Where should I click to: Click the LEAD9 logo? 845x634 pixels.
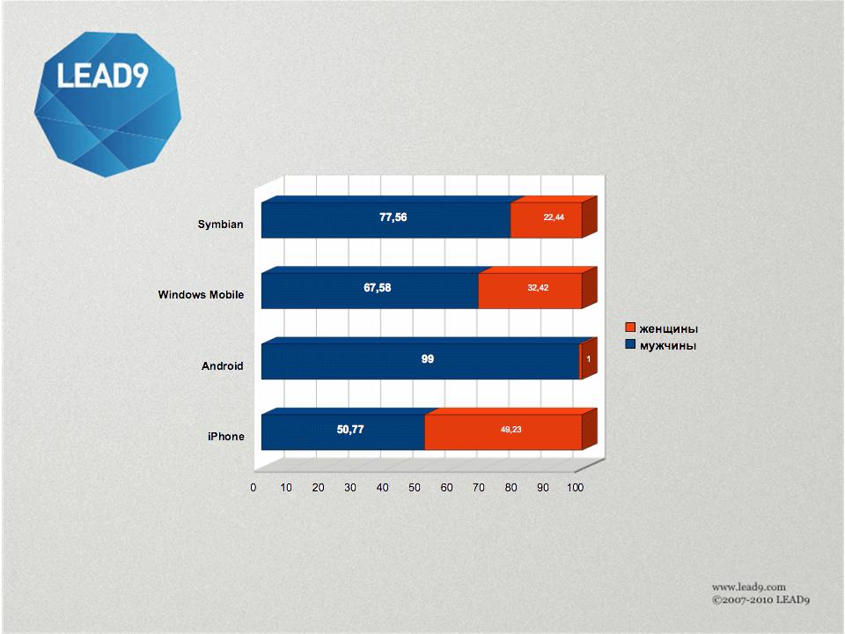(107, 104)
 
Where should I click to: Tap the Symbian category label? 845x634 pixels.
(220, 225)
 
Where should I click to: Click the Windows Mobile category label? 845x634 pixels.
(201, 295)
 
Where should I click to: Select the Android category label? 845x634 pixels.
(223, 366)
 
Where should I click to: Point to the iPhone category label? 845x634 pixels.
(226, 437)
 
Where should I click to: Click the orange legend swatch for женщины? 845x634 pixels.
(630, 328)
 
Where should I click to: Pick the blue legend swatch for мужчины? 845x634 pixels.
(630, 344)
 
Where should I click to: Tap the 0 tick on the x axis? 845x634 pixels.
(253, 488)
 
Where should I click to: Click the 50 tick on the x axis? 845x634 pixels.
(415, 488)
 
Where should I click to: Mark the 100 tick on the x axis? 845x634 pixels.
(575, 488)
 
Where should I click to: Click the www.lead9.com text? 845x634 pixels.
(748, 587)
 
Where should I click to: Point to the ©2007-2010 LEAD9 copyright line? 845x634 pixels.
(760, 600)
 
